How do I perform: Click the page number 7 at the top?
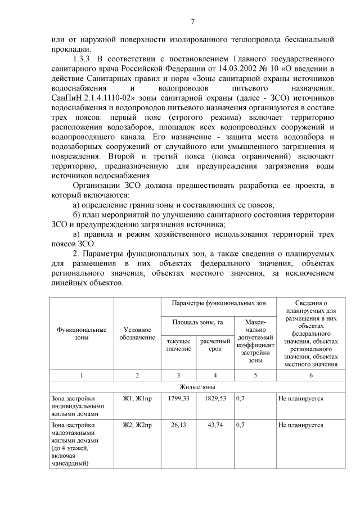point(192,21)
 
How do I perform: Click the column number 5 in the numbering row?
point(255,375)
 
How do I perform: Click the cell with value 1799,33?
point(178,398)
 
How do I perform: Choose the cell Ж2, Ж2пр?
point(137,425)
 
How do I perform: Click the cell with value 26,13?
point(178,425)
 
